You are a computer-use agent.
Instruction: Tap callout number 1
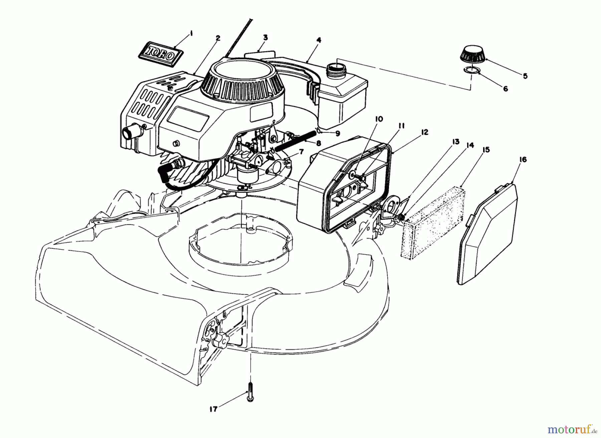click(x=191, y=33)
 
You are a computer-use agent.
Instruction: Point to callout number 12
click(x=424, y=132)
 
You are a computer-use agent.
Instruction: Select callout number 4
click(x=319, y=40)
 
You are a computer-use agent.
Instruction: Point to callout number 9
click(x=338, y=133)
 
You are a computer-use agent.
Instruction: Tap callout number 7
click(x=301, y=152)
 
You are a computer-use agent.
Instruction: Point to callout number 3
click(x=265, y=37)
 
